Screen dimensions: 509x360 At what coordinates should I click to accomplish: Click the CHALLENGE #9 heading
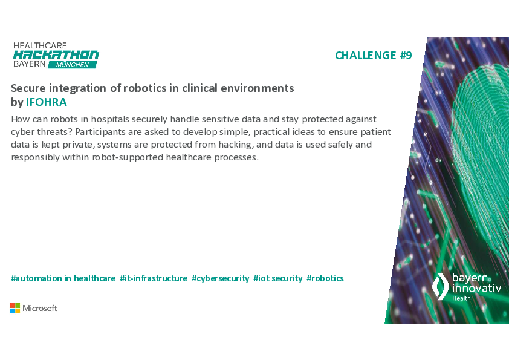374,56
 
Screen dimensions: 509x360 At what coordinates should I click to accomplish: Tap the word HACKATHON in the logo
56,55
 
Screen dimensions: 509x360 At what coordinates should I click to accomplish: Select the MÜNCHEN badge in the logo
73,65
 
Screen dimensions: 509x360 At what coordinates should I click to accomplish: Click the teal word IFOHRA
47,102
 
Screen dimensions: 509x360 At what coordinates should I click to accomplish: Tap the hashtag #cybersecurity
221,278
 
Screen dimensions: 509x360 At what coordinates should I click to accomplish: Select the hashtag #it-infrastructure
154,278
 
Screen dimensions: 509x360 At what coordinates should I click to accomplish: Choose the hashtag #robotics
325,278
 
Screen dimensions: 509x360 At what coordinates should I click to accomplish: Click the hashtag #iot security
278,278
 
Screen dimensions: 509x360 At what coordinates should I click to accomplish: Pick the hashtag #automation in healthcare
63,278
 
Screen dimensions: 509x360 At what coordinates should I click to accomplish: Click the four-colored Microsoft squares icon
15,308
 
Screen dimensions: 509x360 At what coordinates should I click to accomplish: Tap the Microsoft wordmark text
40,308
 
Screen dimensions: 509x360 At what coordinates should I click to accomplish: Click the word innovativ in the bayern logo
477,288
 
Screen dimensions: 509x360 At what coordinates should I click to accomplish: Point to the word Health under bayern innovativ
461,298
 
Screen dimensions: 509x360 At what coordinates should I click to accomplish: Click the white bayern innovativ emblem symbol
441,286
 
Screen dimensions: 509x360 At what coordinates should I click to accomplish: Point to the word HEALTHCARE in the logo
41,45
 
